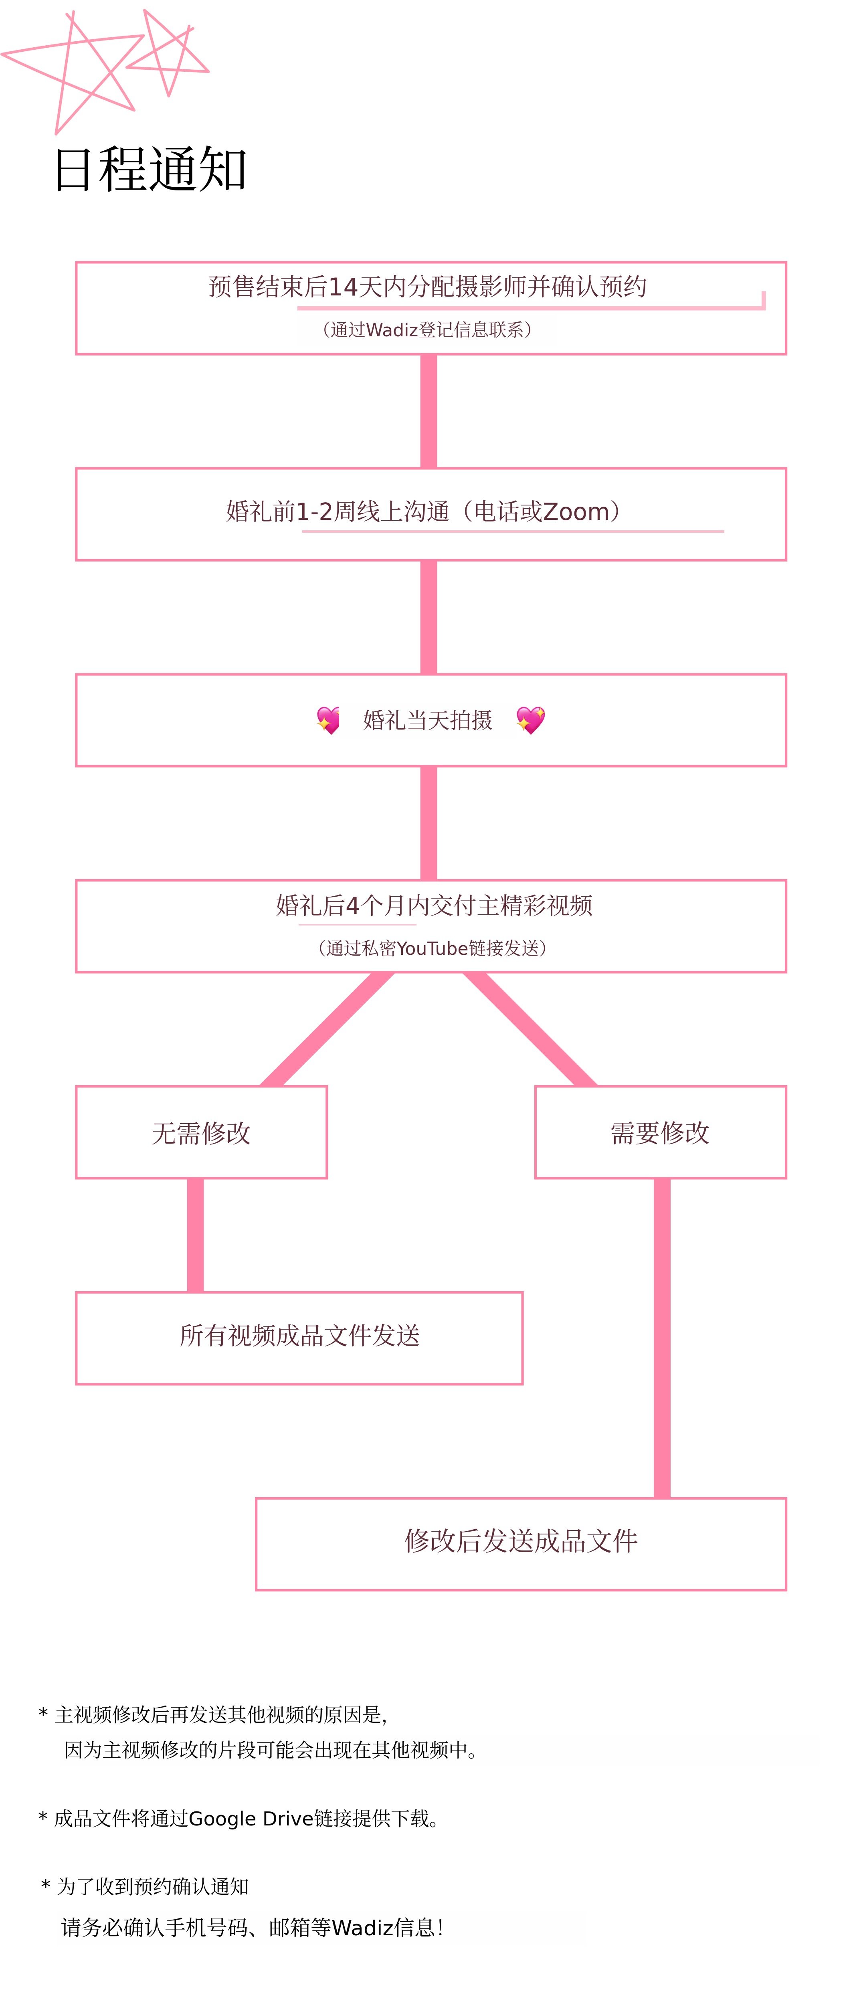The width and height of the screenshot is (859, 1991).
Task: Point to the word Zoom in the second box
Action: coord(576,511)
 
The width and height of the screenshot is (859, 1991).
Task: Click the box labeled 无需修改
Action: coord(201,1132)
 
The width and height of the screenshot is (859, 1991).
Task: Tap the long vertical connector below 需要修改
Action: coord(662,1337)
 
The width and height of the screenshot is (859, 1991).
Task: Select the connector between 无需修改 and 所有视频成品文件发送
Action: coord(196,1235)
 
